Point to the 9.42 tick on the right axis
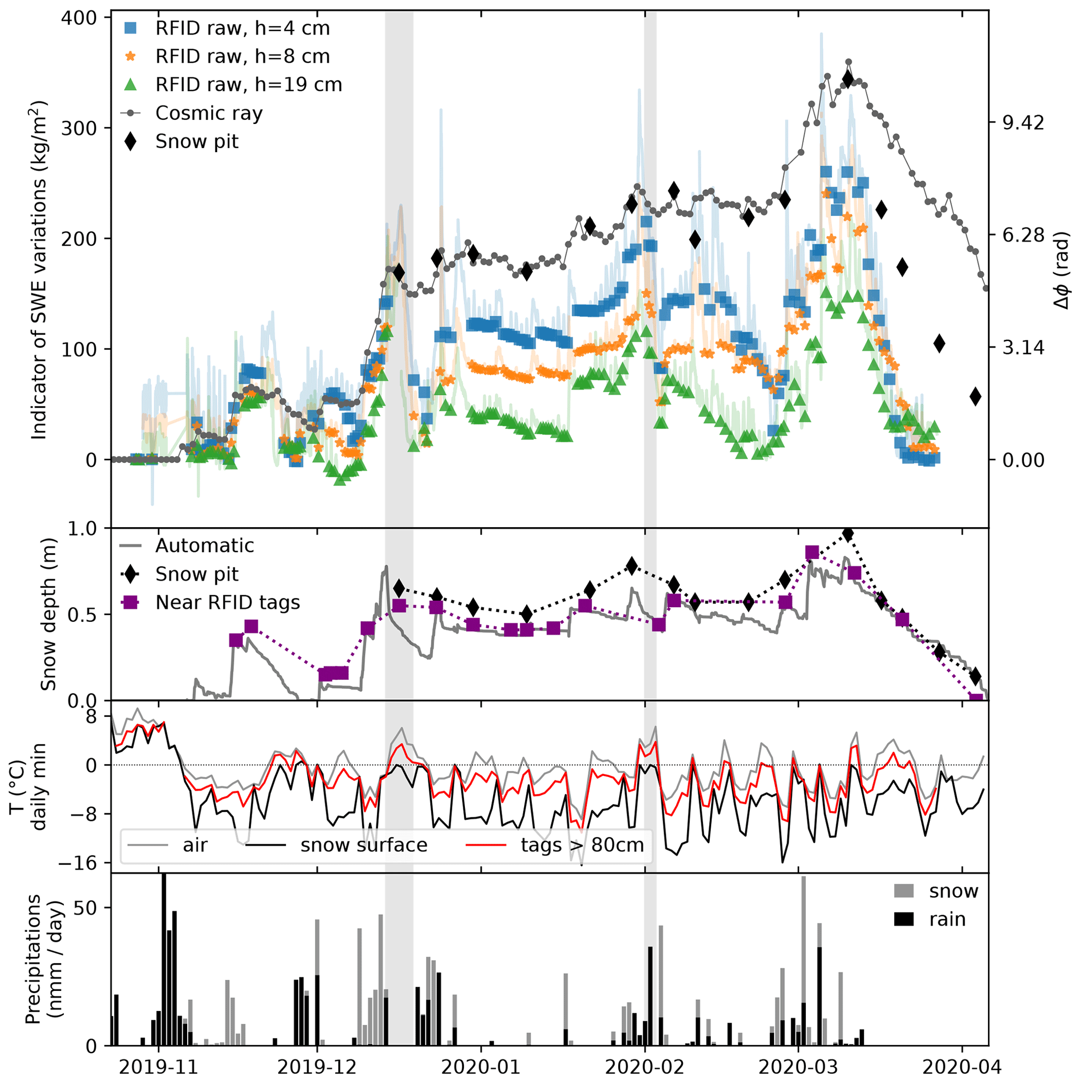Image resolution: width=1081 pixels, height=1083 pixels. (1023, 123)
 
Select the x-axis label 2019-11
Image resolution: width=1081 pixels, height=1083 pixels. (158, 1067)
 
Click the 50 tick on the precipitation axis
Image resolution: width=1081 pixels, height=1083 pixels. (85, 907)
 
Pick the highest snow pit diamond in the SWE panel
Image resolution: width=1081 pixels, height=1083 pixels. (848, 79)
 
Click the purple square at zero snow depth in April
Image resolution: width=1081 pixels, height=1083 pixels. (976, 699)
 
